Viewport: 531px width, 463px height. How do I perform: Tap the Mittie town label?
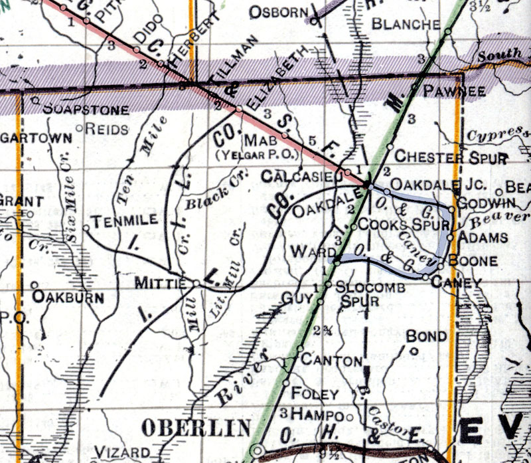point(159,283)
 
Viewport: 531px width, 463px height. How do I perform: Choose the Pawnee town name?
point(446,90)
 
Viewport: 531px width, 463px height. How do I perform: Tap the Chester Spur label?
point(451,157)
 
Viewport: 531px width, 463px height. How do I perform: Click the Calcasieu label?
point(300,177)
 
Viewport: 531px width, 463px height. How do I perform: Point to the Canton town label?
point(332,359)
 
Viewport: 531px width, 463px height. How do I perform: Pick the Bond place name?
point(427,336)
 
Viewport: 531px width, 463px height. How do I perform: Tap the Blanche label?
point(406,24)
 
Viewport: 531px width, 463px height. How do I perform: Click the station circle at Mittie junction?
point(196,284)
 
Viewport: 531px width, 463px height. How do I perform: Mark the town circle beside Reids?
point(80,128)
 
